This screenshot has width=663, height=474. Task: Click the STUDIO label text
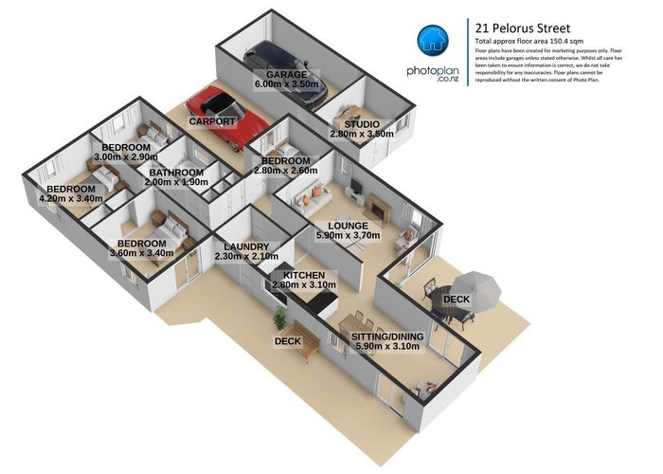(x=361, y=124)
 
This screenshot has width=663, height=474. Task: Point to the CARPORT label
(x=211, y=122)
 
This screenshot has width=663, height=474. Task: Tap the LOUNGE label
(x=361, y=226)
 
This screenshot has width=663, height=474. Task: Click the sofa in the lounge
(x=310, y=196)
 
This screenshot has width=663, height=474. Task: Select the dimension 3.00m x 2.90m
(x=125, y=158)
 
